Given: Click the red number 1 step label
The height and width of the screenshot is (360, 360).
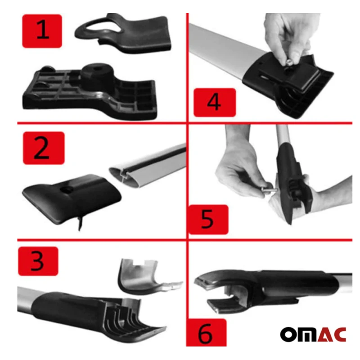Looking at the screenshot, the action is [42, 31].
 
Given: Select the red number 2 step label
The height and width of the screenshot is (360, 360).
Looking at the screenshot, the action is [44, 148].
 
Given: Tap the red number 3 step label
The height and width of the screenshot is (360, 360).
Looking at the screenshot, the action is [38, 261].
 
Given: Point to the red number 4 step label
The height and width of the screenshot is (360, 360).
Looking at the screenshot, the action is [215, 103].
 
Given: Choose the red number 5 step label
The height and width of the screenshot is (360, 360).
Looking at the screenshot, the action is [208, 220].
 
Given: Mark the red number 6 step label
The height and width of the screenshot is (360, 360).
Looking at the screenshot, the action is [206, 333].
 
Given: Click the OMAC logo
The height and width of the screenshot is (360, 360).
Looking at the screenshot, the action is [313, 334].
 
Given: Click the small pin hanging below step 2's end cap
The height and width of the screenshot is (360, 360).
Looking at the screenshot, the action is [80, 223].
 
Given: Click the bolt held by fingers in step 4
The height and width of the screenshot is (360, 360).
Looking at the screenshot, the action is [289, 62].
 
